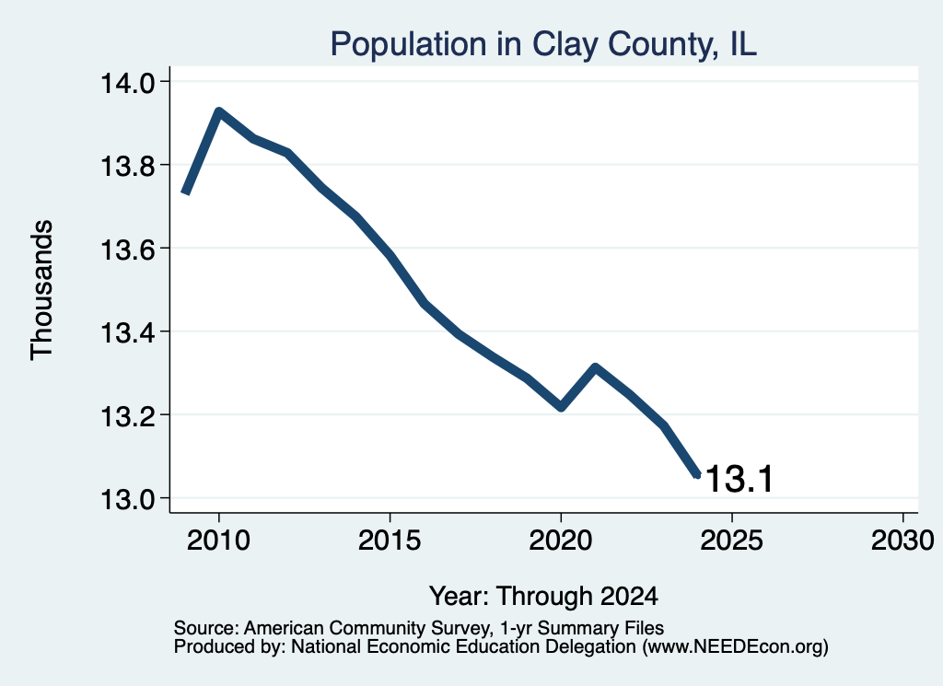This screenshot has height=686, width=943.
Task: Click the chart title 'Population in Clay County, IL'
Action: (543, 44)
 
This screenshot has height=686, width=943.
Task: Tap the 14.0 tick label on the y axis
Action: (127, 82)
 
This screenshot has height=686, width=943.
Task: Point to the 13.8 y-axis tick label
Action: (127, 166)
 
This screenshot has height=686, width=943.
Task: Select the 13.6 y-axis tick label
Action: (127, 249)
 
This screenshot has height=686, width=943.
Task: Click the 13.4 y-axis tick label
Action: (127, 331)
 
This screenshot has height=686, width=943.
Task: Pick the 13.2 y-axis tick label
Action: (127, 415)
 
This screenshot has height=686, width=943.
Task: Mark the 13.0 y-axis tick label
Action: (127, 499)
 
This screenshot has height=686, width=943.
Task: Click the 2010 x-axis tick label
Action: (218, 540)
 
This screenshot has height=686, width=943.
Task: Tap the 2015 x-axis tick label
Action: (390, 540)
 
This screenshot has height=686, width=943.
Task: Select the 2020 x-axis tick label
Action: (561, 540)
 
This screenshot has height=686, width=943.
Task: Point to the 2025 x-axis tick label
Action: (732, 540)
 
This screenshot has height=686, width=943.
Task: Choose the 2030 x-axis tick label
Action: (902, 540)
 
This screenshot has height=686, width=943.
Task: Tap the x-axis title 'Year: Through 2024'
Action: (543, 596)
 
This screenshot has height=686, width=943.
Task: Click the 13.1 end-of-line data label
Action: (739, 479)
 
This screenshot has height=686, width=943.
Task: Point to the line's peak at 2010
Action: (218, 111)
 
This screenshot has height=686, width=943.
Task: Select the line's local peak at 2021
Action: (595, 366)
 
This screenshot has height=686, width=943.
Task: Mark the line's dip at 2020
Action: (561, 407)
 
